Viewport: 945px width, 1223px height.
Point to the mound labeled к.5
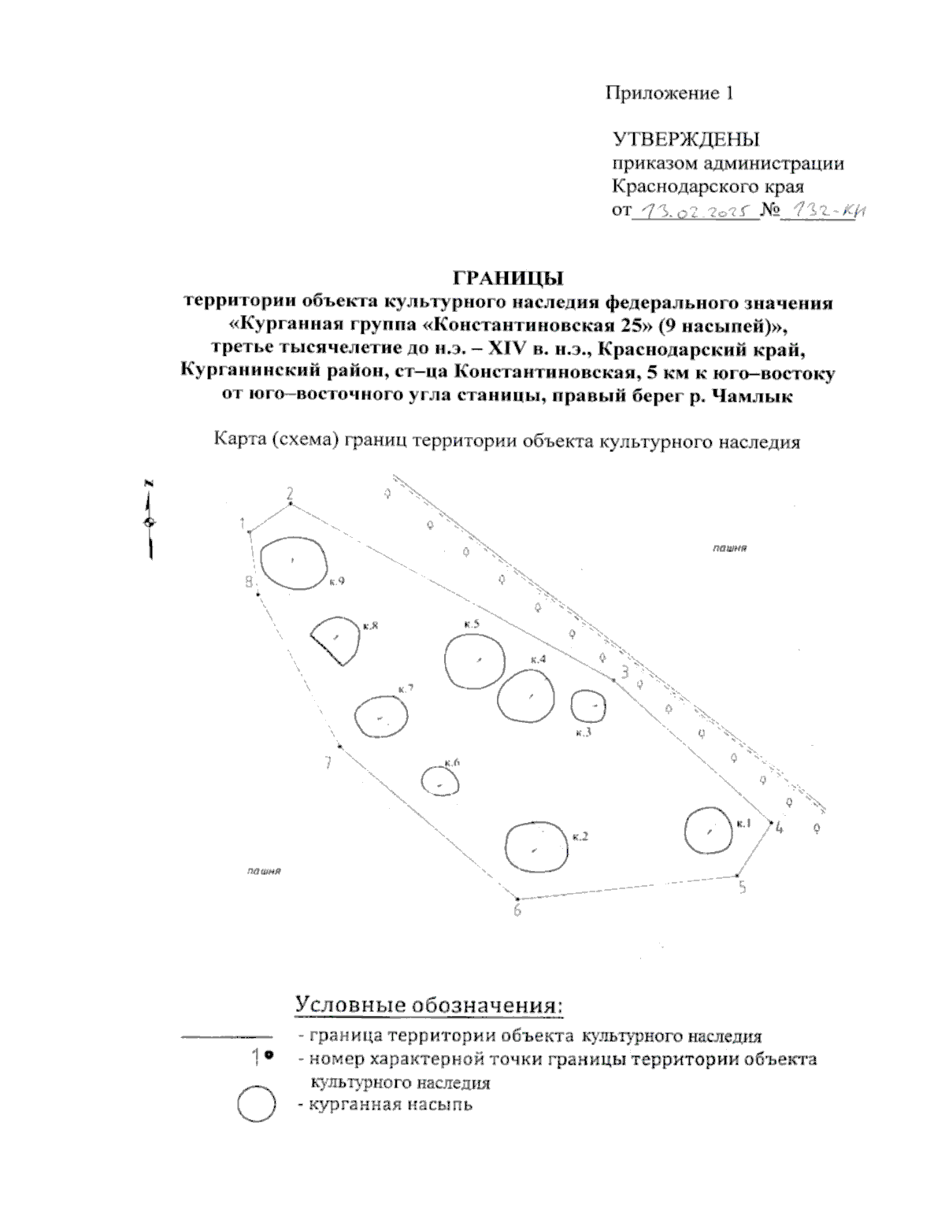(474, 660)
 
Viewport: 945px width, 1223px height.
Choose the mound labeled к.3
(587, 706)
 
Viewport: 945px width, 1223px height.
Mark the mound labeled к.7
(381, 716)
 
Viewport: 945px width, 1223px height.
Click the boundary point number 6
(517, 899)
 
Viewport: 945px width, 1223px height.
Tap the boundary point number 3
(613, 679)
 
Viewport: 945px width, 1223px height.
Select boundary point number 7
(340, 746)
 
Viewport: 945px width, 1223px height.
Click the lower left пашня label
(264, 871)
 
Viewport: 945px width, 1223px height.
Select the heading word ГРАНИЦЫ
(509, 277)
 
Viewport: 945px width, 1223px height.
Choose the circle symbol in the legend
(256, 1104)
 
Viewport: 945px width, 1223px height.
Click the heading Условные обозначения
(429, 1006)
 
